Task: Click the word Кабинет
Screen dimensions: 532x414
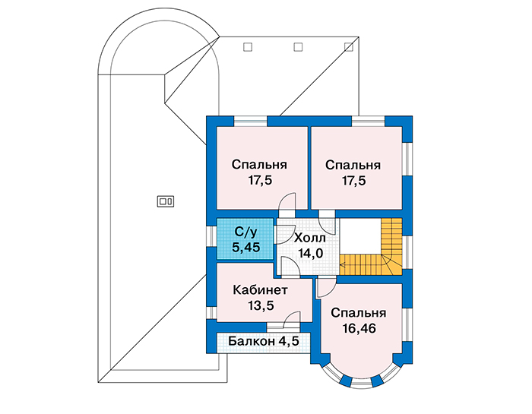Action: click(x=260, y=290)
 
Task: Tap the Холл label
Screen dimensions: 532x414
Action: click(x=310, y=238)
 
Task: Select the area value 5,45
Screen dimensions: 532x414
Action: click(x=246, y=247)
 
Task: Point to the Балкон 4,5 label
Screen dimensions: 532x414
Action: click(x=264, y=341)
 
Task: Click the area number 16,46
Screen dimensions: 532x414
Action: click(x=359, y=329)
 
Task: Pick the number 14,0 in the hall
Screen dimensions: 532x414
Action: click(x=310, y=253)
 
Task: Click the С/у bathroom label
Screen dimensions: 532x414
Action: click(x=246, y=232)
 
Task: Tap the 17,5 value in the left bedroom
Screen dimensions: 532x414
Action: click(x=260, y=180)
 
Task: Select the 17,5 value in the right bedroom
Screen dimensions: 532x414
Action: click(x=353, y=181)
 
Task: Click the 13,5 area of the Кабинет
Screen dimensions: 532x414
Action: click(x=261, y=305)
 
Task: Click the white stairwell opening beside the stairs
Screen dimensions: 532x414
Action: click(x=360, y=235)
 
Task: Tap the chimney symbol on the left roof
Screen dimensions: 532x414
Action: click(x=166, y=202)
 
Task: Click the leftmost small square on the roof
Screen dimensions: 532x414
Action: click(x=248, y=47)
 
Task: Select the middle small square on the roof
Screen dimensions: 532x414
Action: click(x=298, y=47)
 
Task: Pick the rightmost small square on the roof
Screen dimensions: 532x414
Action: click(x=348, y=47)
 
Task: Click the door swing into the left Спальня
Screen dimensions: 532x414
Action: click(x=287, y=202)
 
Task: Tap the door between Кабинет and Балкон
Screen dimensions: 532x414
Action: click(x=292, y=321)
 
